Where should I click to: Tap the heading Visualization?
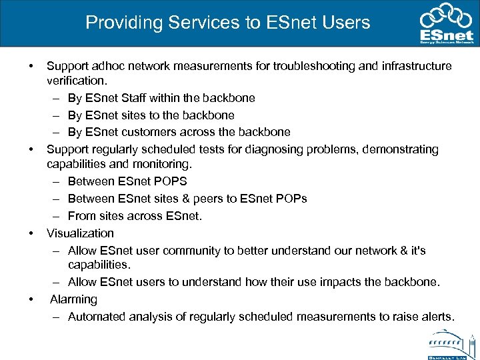click(80, 233)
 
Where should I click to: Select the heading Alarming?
click(73, 299)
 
